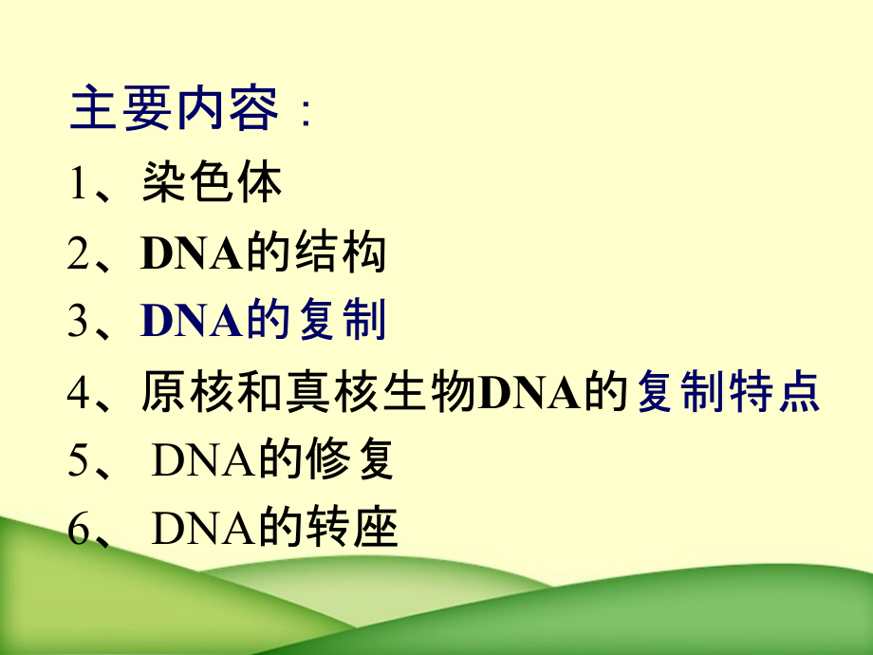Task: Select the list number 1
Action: coord(78,183)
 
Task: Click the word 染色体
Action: coord(213,183)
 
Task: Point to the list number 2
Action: coord(78,253)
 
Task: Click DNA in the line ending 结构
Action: coord(192,253)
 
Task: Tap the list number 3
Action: coord(78,323)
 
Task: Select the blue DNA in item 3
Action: coord(192,323)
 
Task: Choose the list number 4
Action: coord(78,392)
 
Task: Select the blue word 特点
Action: coord(782,392)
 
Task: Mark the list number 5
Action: coord(78,461)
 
